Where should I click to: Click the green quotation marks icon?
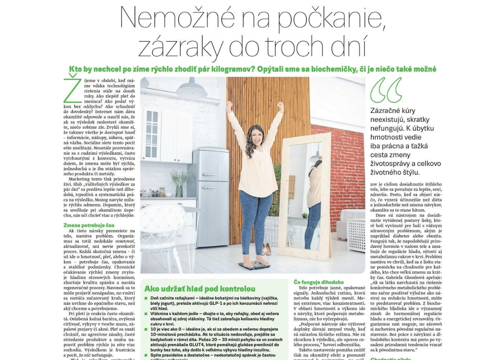pos(386,90)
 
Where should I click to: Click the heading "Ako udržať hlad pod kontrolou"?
pos(199,288)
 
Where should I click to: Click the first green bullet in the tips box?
pos(146,299)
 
